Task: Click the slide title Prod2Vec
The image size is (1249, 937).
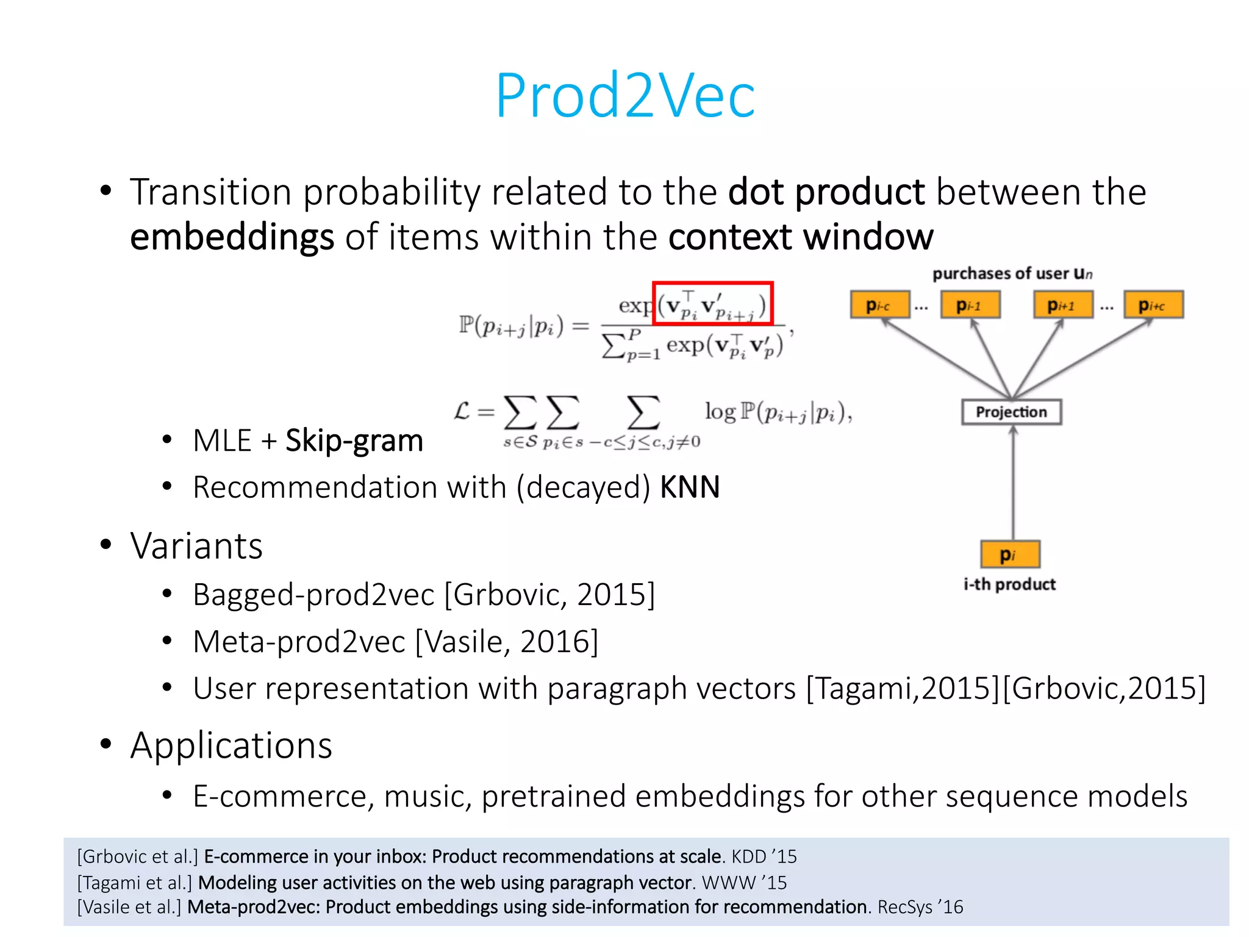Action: (x=624, y=96)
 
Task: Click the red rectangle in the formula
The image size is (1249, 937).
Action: (x=712, y=303)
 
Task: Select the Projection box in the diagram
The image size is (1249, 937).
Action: (x=1011, y=412)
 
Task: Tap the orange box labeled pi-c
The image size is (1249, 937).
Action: (x=879, y=305)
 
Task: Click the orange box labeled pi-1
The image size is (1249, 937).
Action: (x=970, y=305)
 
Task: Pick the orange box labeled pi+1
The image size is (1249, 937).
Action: (x=1062, y=305)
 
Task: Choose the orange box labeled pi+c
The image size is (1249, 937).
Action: (x=1153, y=305)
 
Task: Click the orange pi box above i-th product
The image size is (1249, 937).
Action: (x=1010, y=554)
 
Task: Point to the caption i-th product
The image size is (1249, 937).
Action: (x=1009, y=584)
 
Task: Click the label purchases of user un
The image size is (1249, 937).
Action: (x=1012, y=273)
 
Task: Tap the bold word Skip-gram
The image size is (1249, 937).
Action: (x=354, y=440)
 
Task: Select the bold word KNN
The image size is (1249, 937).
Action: (x=690, y=487)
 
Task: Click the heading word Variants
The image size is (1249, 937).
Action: (x=196, y=545)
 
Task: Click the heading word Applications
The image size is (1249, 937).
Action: (x=231, y=745)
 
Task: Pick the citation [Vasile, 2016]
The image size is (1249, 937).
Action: (x=506, y=642)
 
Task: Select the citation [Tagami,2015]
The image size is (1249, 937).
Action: (x=903, y=689)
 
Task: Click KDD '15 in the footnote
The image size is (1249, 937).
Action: (x=764, y=856)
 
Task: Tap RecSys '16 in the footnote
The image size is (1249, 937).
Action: (x=920, y=907)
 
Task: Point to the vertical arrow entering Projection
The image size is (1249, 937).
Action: (x=1013, y=482)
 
